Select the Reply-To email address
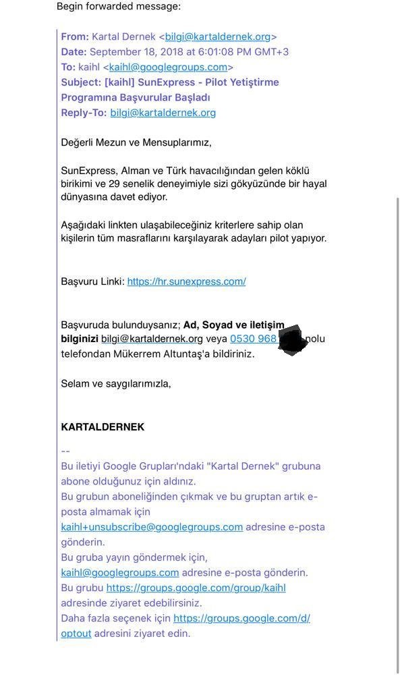click(163, 113)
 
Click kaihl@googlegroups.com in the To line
click(168, 67)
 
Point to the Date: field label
click(74, 52)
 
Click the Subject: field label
click(81, 82)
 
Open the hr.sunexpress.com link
click(186, 281)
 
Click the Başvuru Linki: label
click(92, 281)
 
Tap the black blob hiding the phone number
click(292, 339)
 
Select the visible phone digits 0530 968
click(253, 339)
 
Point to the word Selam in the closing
click(76, 384)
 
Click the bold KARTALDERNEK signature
click(103, 427)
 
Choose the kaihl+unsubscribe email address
click(152, 527)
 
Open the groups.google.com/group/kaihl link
click(196, 588)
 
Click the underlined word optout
click(76, 634)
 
